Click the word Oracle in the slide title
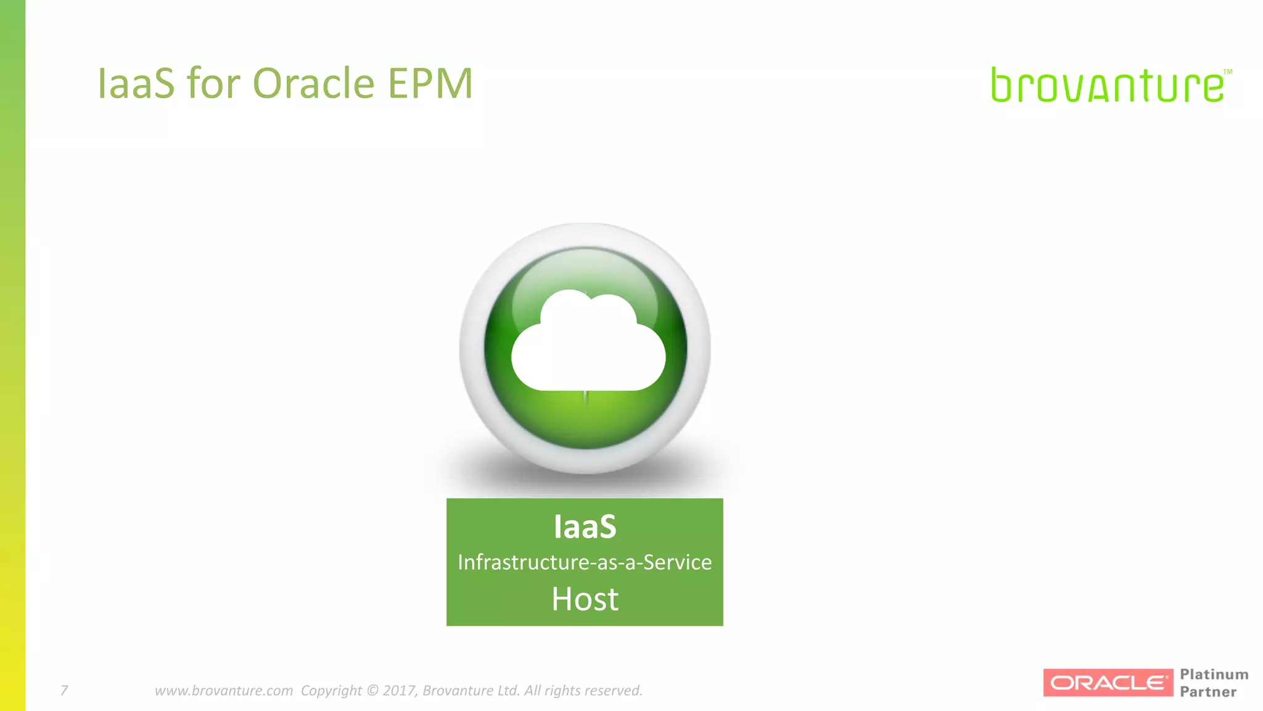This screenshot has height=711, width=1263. pyautogui.click(x=313, y=83)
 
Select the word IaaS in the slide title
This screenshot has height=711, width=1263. pyautogui.click(x=136, y=83)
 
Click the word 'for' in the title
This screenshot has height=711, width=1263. pyautogui.click(x=213, y=83)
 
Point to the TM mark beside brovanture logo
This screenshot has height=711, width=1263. pyautogui.click(x=1227, y=72)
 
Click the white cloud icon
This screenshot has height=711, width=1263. pyautogui.click(x=588, y=343)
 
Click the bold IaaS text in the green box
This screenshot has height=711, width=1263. pyautogui.click(x=585, y=526)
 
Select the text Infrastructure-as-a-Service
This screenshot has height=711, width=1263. pyautogui.click(x=585, y=562)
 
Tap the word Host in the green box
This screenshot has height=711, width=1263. pyautogui.click(x=585, y=599)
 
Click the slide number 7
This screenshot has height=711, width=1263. pyautogui.click(x=64, y=690)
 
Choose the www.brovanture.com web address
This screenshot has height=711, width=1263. pyautogui.click(x=223, y=690)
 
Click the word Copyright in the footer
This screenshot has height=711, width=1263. pyautogui.click(x=331, y=690)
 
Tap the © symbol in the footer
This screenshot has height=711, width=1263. pyautogui.click(x=372, y=690)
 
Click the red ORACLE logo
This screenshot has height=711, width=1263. pyautogui.click(x=1108, y=683)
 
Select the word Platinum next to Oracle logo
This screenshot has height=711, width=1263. pyautogui.click(x=1214, y=674)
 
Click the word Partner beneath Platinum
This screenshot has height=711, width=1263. pyautogui.click(x=1207, y=692)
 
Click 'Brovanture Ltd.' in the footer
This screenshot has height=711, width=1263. pyautogui.click(x=471, y=690)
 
